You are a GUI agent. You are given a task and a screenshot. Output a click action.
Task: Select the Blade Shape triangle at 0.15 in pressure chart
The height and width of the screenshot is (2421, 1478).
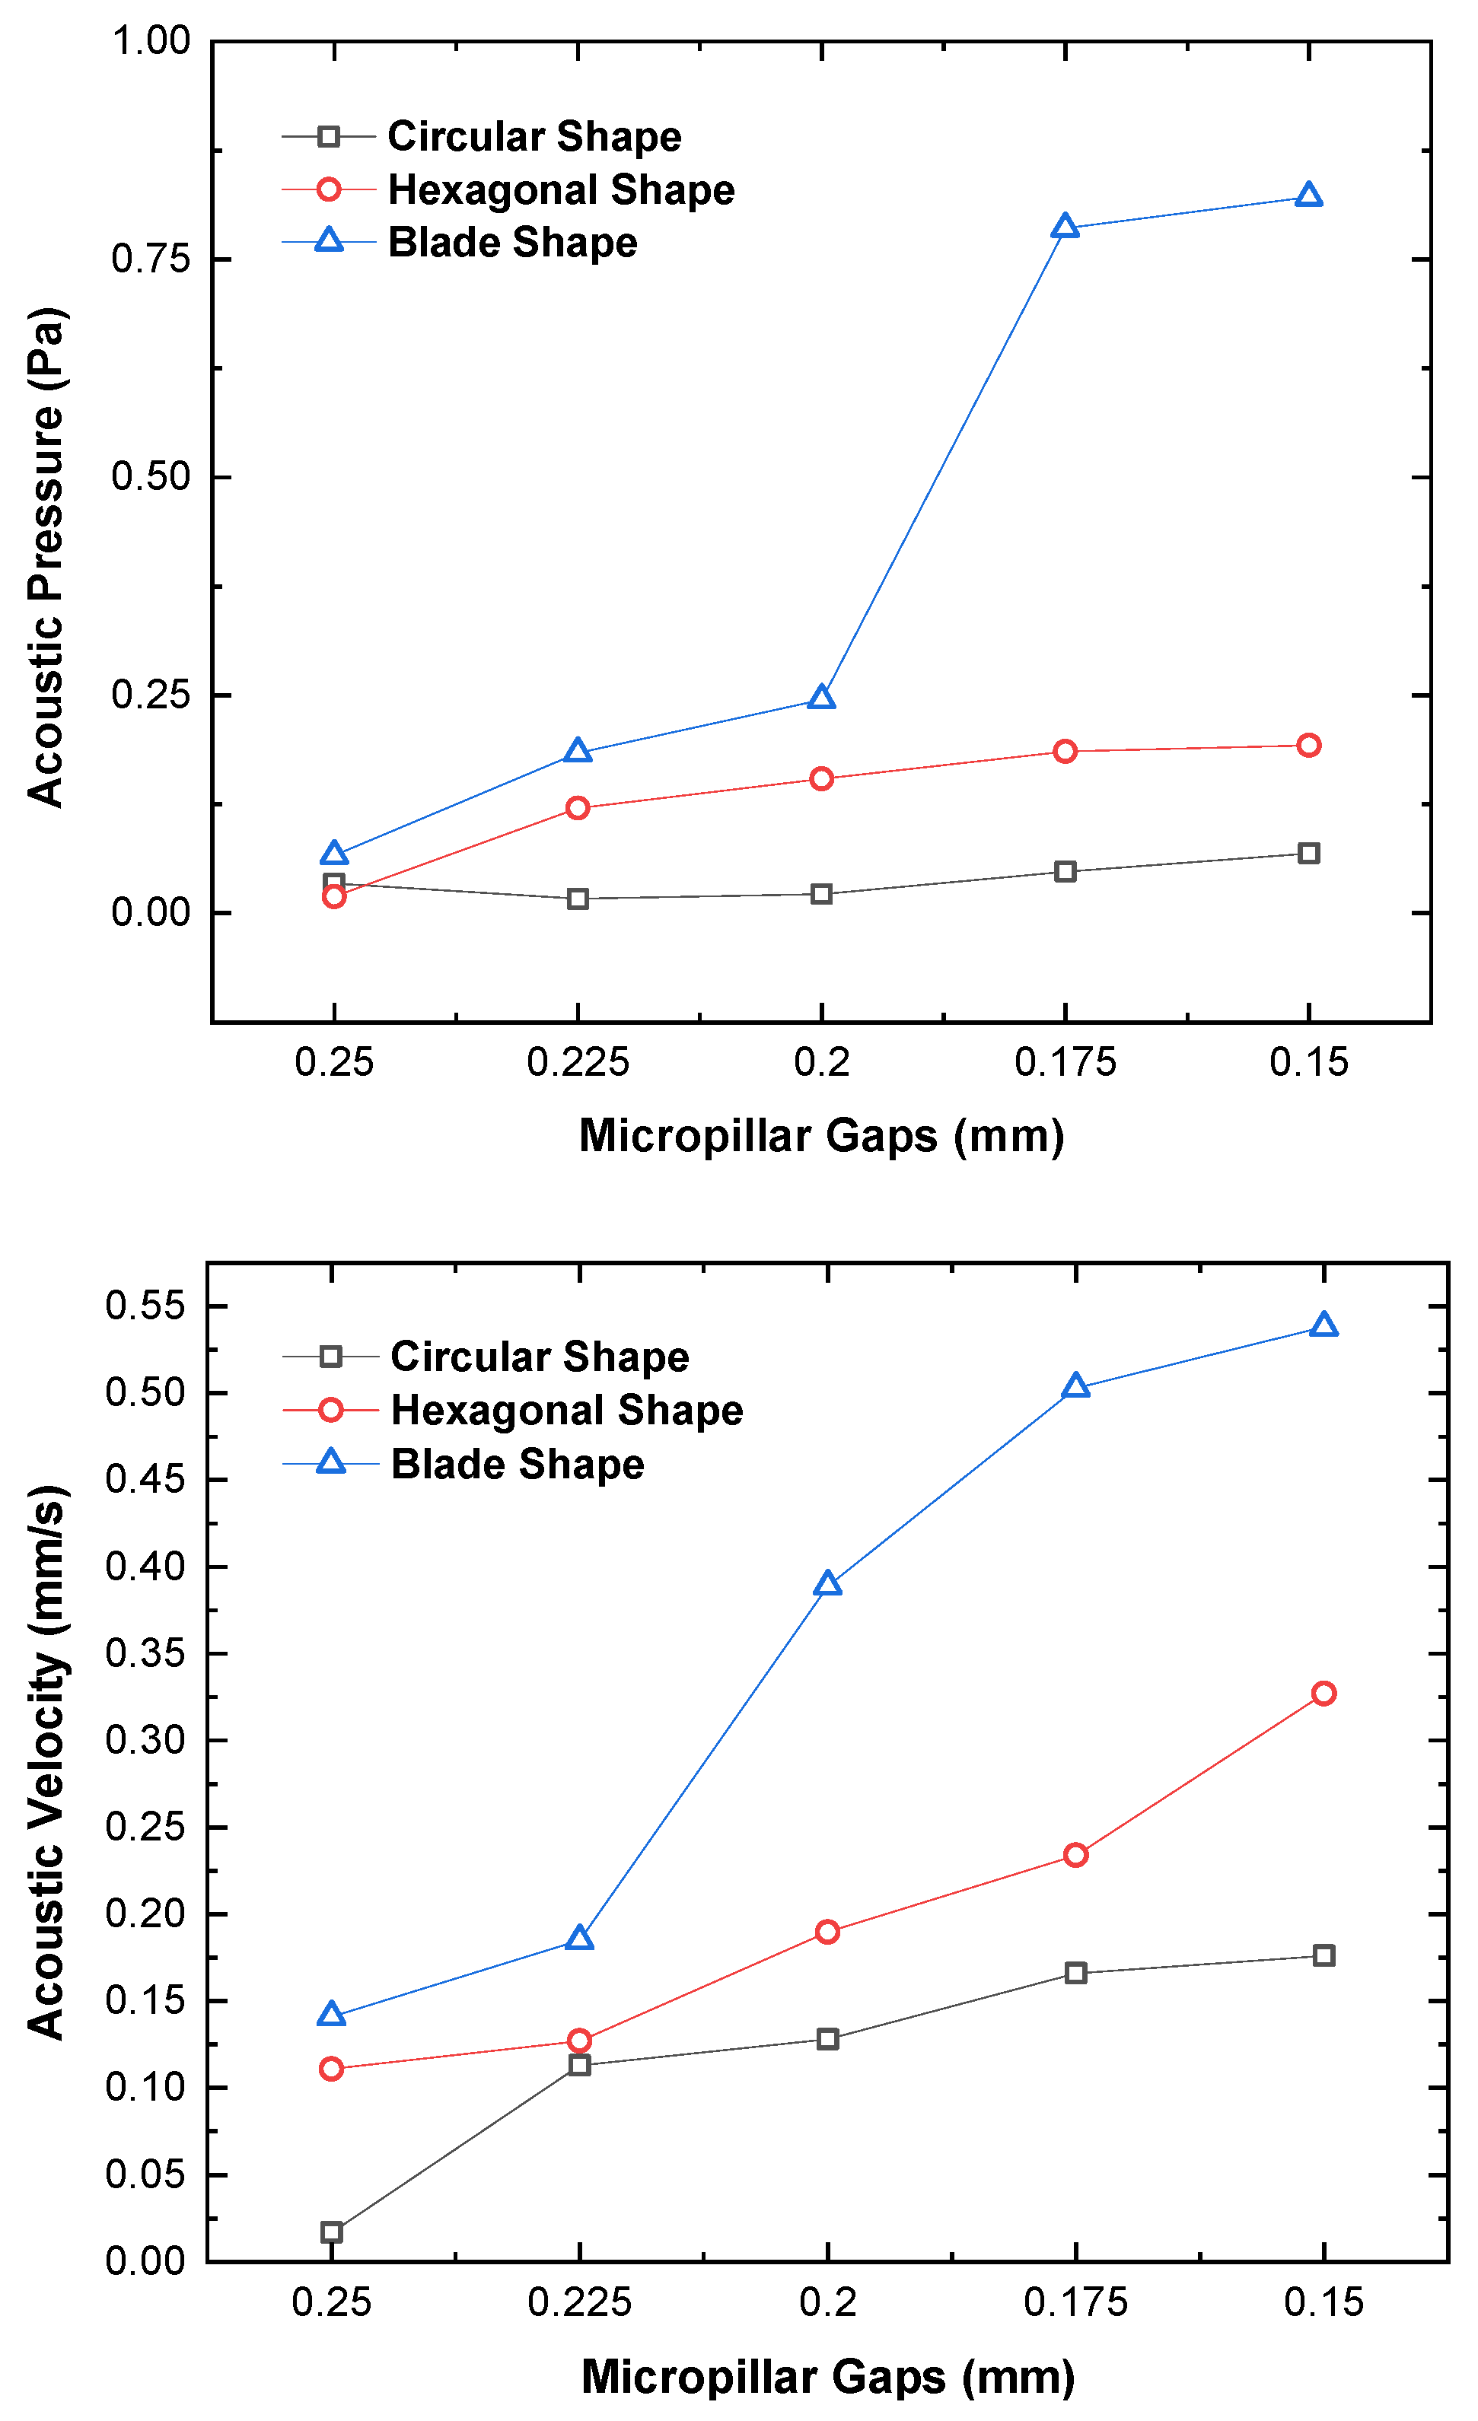point(1308,196)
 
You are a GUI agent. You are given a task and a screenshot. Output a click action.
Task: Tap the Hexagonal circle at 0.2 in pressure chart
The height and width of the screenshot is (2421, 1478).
point(821,779)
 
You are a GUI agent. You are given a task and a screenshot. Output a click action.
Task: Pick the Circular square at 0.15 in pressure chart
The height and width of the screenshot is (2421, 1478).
point(1308,853)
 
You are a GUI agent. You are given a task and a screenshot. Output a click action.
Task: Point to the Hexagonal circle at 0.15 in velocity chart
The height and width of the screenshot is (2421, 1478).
point(1323,1693)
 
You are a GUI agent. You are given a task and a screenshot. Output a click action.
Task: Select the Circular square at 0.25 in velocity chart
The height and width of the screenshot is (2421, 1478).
point(332,2232)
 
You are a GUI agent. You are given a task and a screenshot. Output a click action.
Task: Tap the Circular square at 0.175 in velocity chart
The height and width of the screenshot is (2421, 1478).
point(1075,1973)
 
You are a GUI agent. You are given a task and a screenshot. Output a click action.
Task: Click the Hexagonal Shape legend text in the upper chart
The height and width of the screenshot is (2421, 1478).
point(561,189)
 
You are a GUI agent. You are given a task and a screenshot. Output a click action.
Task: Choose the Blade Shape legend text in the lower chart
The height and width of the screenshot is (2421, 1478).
point(517,1464)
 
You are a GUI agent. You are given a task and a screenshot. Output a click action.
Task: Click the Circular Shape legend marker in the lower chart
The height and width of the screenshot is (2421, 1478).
point(331,1357)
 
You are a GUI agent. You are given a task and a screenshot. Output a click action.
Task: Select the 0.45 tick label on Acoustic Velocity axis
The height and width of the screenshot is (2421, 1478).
point(145,1480)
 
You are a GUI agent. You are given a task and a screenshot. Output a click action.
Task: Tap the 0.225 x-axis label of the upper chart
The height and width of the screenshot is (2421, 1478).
point(578,1062)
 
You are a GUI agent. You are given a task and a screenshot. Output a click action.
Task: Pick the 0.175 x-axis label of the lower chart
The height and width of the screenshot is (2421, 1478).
point(1075,2302)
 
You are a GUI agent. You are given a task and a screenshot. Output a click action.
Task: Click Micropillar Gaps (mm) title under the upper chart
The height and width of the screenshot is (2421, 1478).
point(821,1136)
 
